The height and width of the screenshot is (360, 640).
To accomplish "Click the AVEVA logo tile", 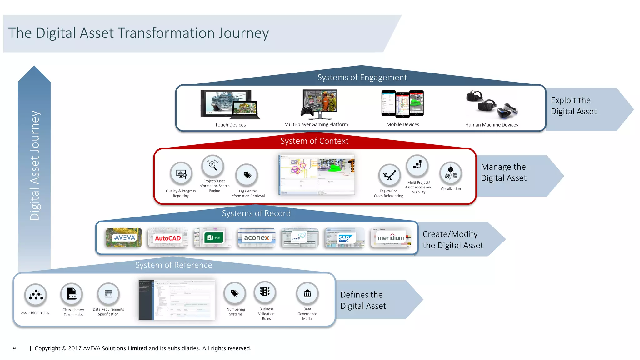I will pos(124,238).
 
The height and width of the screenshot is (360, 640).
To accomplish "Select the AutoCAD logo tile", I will pos(168,238).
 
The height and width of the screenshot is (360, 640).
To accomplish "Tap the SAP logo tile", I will pos(344,238).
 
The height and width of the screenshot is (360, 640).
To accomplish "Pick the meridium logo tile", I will pos(391,238).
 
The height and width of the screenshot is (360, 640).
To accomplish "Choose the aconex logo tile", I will pos(256,238).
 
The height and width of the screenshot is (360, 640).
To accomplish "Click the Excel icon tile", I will pos(213,238).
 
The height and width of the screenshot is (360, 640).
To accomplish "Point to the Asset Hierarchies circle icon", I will pos(36,295).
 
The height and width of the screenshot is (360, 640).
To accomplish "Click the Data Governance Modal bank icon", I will pos(307,293).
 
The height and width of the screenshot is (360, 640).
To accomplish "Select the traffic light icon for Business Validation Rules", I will pos(265,292).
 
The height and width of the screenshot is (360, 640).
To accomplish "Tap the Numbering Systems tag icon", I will pos(235,293).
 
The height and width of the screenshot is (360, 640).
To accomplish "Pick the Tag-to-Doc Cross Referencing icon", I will pos(389,175).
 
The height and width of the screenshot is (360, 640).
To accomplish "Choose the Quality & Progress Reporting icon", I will pos(181,173).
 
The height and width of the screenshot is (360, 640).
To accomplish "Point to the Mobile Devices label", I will pos(402,124).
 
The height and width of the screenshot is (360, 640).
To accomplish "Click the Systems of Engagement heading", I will pos(362,77).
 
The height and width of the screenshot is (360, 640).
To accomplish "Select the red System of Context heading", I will pos(314,141).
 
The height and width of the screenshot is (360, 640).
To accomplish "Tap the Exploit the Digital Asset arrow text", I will pos(573,106).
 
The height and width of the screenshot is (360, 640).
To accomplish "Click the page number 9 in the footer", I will pos(14,348).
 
